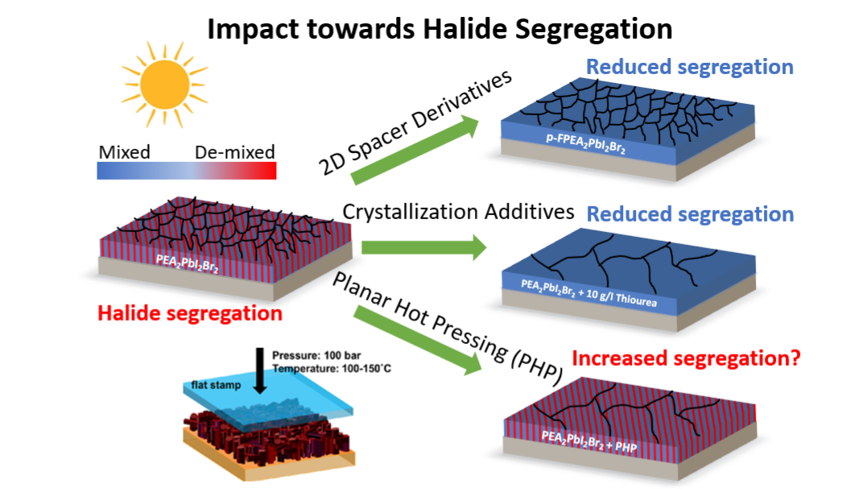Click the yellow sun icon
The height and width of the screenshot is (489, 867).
tap(165, 85)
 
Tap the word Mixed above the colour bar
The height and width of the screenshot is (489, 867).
tap(125, 152)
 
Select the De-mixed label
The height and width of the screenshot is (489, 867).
tap(235, 152)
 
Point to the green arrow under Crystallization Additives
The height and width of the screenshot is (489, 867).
tap(423, 247)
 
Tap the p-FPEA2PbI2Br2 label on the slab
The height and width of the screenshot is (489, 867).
tap(585, 144)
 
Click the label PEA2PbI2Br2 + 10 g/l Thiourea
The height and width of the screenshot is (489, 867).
tap(589, 293)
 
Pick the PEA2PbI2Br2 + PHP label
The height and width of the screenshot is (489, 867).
tap(589, 441)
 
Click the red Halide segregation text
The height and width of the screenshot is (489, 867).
tap(190, 313)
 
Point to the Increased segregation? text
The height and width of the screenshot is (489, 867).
tap(686, 358)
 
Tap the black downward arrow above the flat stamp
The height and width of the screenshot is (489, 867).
tap(260, 371)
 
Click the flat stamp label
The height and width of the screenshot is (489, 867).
tap(217, 385)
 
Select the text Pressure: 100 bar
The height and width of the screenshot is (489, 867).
tap(316, 356)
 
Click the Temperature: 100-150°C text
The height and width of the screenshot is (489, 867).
tap(331, 368)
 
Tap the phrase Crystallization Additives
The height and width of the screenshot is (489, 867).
tap(458, 213)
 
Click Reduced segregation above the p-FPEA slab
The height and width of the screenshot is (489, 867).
tap(690, 67)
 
